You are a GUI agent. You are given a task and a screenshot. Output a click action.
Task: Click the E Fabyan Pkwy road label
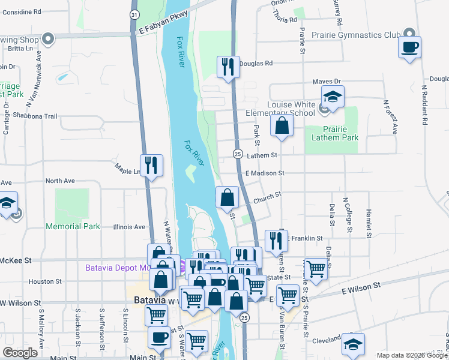pyautogui.click(x=162, y=23)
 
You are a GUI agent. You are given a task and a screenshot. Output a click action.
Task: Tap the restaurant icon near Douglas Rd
pyautogui.click(x=228, y=66)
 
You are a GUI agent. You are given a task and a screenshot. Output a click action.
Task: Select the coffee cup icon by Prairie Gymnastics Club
pyautogui.click(x=409, y=47)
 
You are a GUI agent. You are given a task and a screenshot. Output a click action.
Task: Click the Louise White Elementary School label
pyautogui.click(x=291, y=109)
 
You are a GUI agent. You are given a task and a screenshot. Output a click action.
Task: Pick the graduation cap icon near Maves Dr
pyautogui.click(x=332, y=96)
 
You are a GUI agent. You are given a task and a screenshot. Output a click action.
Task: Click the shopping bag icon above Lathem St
pyautogui.click(x=282, y=126)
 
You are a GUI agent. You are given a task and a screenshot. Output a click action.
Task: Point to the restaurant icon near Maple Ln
pyautogui.click(x=151, y=165)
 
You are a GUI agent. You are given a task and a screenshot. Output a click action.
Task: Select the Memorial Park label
pyautogui.click(x=73, y=226)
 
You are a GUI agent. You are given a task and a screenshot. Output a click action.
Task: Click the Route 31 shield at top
pyautogui.click(x=134, y=13)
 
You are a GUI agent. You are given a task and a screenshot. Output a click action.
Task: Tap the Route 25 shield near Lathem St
pyautogui.click(x=238, y=154)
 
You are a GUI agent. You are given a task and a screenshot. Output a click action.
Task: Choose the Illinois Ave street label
pyautogui.click(x=130, y=227)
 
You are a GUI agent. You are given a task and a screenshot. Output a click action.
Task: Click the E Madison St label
pyautogui.click(x=264, y=173)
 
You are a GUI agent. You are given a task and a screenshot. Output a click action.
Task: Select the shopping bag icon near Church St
pyautogui.click(x=228, y=197)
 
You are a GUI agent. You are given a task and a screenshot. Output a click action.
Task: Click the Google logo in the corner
pyautogui.click(x=20, y=352)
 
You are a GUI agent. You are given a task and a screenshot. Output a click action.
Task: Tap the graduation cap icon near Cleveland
pyautogui.click(x=354, y=344)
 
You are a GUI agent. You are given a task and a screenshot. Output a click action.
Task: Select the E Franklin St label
pyautogui.click(x=305, y=238)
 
